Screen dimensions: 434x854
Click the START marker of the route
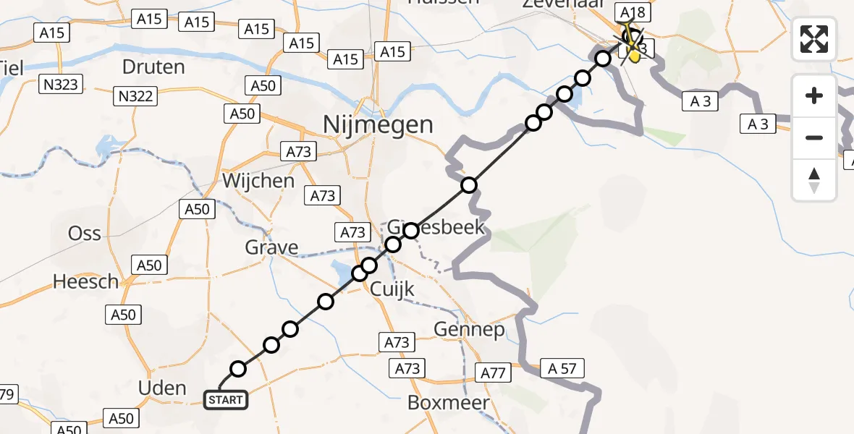coord(226,399)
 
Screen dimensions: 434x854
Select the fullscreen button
coord(814,39)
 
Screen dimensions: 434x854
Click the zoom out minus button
coord(814,137)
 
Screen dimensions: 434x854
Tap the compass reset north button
coord(814,180)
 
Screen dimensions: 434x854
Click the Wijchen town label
coord(258,180)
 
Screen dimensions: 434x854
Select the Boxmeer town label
coord(449,402)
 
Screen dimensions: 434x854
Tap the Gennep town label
coord(469,329)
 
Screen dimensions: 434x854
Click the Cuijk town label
coord(392,289)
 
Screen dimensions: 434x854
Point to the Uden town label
coord(161,388)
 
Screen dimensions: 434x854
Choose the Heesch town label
coord(85,281)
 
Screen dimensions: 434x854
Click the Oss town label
coord(85,233)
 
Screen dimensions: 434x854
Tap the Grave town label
coord(271,247)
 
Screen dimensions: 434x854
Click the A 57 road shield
coord(562,369)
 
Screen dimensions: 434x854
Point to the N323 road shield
coord(59,85)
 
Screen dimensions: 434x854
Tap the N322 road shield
coord(136,94)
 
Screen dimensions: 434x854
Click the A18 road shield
coord(631,12)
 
